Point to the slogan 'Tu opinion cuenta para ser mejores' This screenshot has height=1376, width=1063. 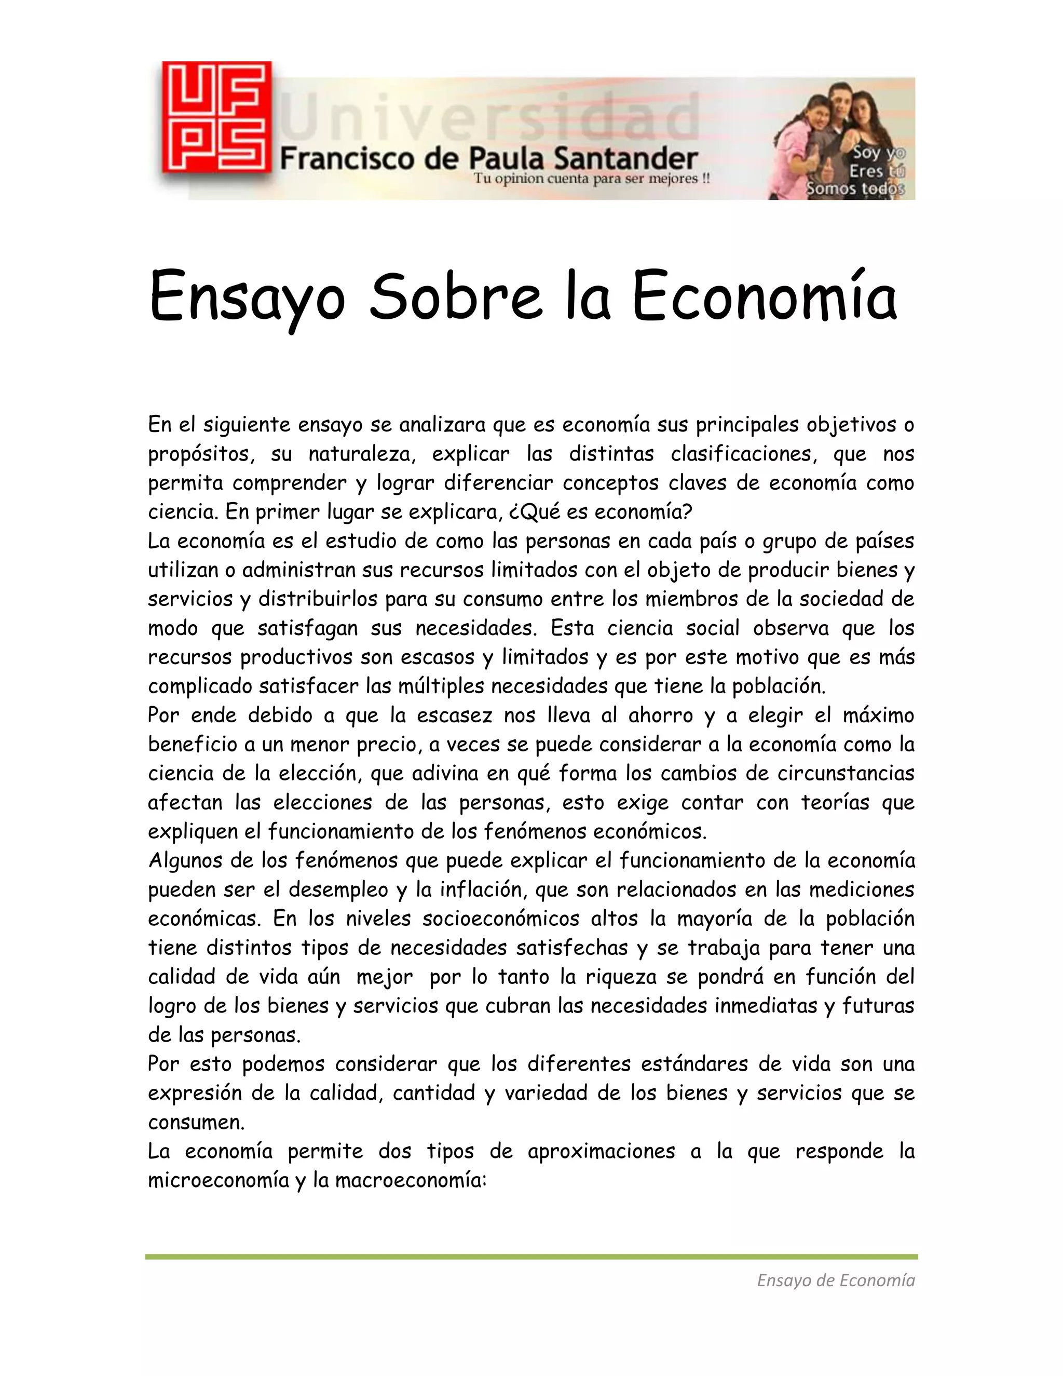[x=591, y=179]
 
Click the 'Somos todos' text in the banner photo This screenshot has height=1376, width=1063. [x=856, y=188]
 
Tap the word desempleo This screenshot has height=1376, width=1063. [x=338, y=890]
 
